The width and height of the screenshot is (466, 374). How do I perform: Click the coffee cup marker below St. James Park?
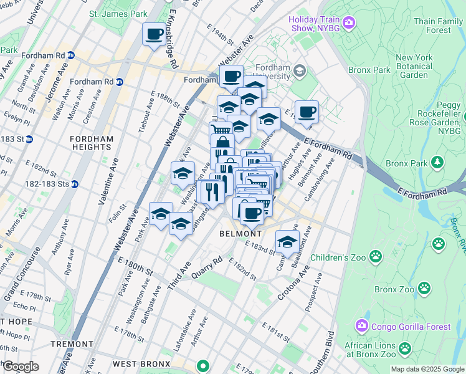(x=154, y=34)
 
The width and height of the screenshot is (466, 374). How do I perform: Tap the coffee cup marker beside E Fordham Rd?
(x=307, y=112)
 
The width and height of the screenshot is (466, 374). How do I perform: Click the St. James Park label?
(x=118, y=13)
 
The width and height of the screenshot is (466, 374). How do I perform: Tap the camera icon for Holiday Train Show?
(x=348, y=24)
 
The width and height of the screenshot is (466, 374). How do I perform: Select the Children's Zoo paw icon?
(x=376, y=256)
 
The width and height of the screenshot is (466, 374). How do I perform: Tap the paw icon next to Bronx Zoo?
(x=424, y=289)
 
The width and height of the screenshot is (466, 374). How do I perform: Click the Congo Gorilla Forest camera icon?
(x=362, y=325)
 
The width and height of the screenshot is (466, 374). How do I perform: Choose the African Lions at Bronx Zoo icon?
(x=405, y=348)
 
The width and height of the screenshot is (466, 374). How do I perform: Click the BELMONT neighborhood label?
(x=240, y=234)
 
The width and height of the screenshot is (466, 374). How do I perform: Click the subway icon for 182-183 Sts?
(x=74, y=184)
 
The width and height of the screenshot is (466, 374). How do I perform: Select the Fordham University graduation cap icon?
(x=300, y=70)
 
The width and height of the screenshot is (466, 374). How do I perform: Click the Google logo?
(x=21, y=366)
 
